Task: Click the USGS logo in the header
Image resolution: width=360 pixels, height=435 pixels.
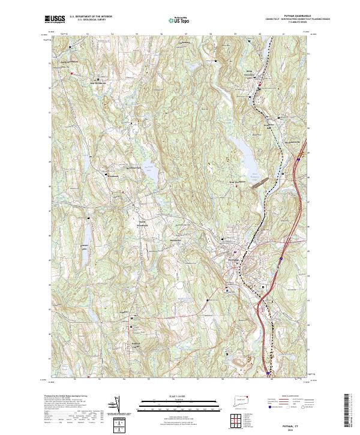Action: [x=55, y=20]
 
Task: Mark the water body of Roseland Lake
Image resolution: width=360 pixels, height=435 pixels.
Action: [x=152, y=174]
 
